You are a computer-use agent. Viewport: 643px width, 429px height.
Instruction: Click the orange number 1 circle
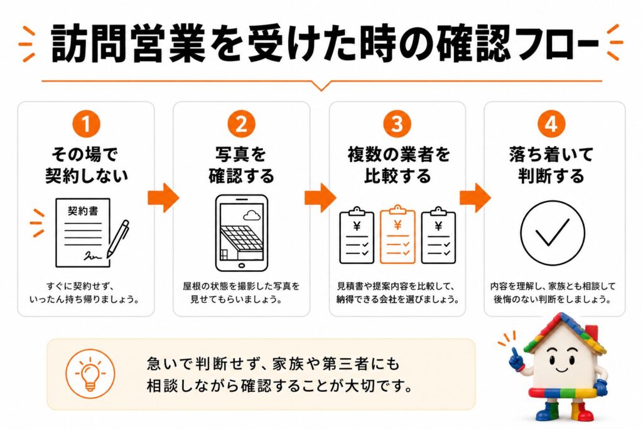pos(86,124)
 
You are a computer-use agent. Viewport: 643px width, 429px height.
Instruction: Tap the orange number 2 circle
pos(242,124)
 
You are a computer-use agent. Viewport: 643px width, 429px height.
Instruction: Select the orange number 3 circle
pos(397,124)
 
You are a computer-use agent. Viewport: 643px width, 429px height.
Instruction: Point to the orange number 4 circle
pos(551,124)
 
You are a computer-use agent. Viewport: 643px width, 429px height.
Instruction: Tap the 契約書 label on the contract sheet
pos(83,211)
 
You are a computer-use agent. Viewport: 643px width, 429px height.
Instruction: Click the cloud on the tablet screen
pos(252,215)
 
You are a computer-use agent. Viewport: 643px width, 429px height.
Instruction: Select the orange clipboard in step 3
pos(397,234)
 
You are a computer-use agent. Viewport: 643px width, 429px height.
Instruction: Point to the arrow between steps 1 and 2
pos(163,198)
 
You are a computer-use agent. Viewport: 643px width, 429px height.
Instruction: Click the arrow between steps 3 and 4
pos(475,198)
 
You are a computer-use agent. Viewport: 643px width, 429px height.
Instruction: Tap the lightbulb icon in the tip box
pos(90,374)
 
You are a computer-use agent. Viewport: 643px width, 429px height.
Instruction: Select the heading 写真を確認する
pos(242,165)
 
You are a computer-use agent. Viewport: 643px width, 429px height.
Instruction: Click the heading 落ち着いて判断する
pos(551,165)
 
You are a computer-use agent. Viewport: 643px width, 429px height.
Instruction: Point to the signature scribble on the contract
pos(93,256)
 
